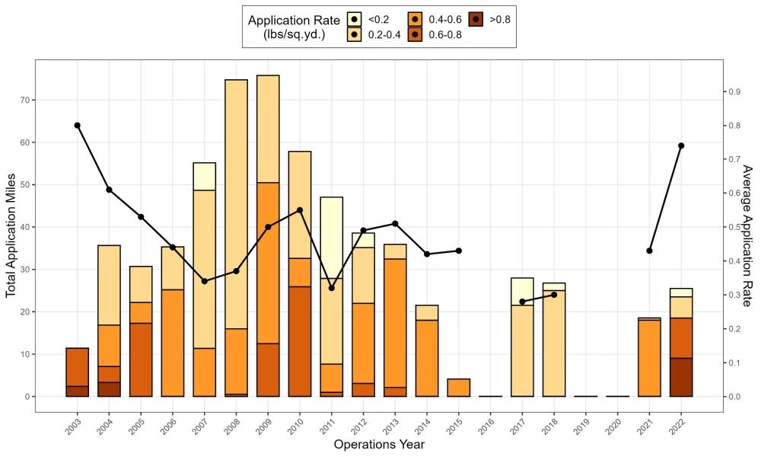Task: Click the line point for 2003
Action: [x=77, y=125]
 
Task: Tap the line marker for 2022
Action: [x=681, y=145]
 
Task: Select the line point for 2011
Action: [x=331, y=288]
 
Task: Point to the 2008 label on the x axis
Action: [x=234, y=425]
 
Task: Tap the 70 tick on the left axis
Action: [x=24, y=100]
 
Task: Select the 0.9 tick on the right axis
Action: [x=735, y=91]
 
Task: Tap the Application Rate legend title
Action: [x=288, y=27]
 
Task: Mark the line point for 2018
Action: [x=554, y=294]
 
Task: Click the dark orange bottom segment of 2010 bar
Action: [x=300, y=341]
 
